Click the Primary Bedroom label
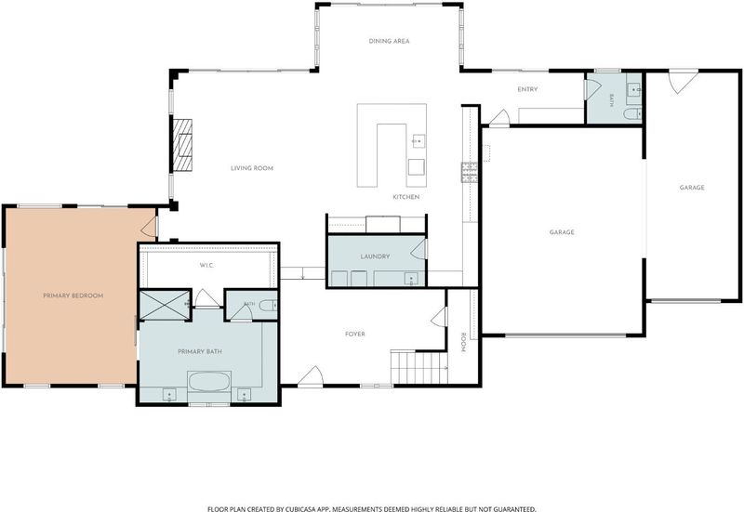point(73,295)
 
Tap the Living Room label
point(252,168)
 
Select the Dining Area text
point(389,41)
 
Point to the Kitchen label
point(406,197)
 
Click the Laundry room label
point(375,256)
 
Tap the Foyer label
point(355,335)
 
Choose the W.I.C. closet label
point(206,266)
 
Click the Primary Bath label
point(200,352)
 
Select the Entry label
point(527,89)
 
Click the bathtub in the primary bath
point(209,382)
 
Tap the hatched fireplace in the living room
point(182,145)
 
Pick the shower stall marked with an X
point(165,306)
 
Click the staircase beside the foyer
point(419,367)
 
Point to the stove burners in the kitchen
point(470,173)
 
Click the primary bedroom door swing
point(149,227)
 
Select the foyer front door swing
point(311,376)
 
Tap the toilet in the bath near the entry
point(632,113)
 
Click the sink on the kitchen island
point(418,141)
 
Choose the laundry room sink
point(410,278)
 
